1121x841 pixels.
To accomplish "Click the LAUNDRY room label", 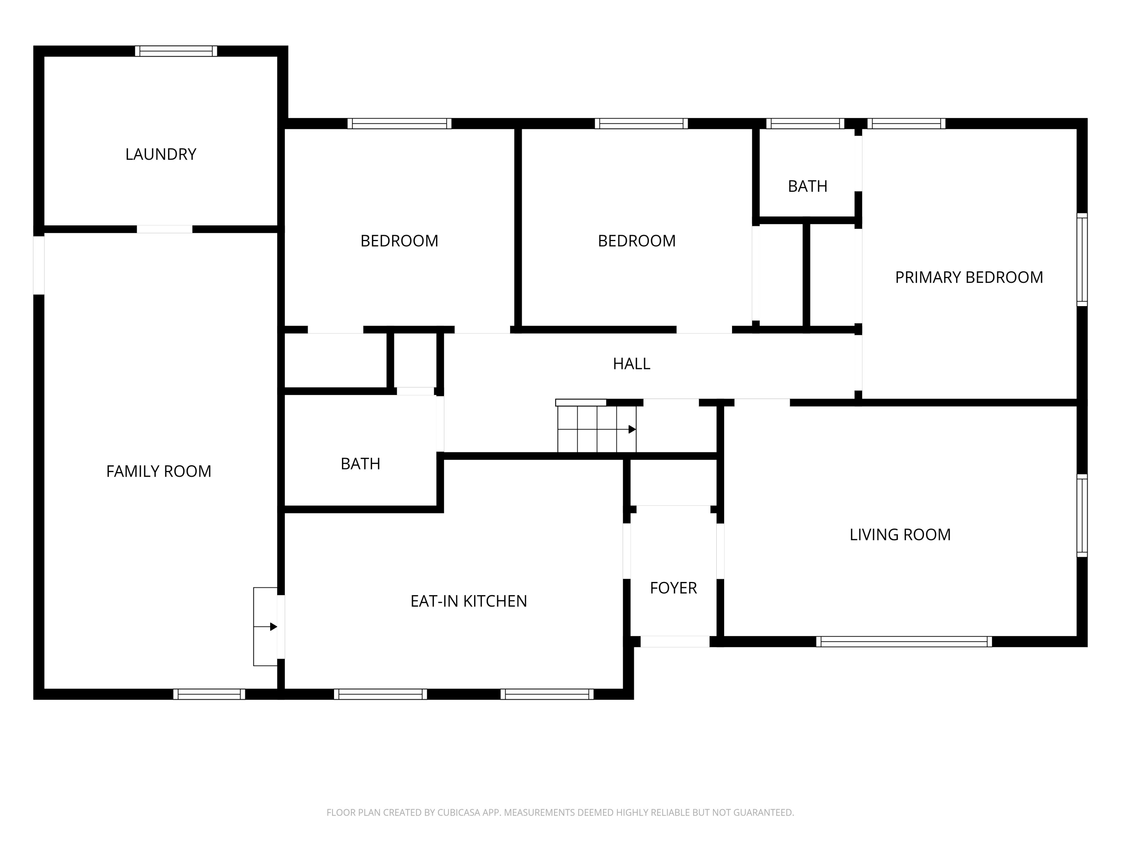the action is click(x=161, y=154).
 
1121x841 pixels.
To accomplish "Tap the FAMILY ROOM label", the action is click(x=159, y=471).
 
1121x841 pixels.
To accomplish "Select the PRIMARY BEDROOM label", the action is click(x=969, y=277).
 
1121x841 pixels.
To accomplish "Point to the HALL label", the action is click(x=631, y=363).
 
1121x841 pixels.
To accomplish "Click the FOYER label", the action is click(x=673, y=588).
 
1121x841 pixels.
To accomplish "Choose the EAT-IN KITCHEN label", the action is click(x=469, y=601).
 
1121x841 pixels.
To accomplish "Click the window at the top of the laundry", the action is click(x=176, y=51).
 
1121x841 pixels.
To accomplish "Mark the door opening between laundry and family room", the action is click(x=165, y=229).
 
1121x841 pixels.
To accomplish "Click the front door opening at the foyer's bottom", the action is click(x=675, y=641).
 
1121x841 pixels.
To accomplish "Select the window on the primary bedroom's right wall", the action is click(x=1082, y=259).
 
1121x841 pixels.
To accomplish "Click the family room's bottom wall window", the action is click(x=209, y=694).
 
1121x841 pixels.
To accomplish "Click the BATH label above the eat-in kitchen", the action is click(x=360, y=464).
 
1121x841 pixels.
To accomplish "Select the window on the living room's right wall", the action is click(x=1082, y=515).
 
